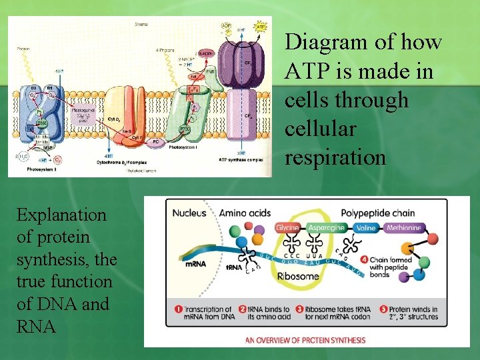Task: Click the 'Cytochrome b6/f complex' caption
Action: (123, 163)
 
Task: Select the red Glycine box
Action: (287, 228)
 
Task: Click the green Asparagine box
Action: (327, 228)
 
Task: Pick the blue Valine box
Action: (366, 228)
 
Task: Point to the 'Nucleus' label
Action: (190, 213)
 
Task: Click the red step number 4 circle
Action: (383, 259)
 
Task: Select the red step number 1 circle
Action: (179, 309)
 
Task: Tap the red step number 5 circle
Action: (383, 309)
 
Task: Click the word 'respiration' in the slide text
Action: (335, 157)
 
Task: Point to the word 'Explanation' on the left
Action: (61, 215)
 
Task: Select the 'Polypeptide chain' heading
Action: (377, 213)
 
